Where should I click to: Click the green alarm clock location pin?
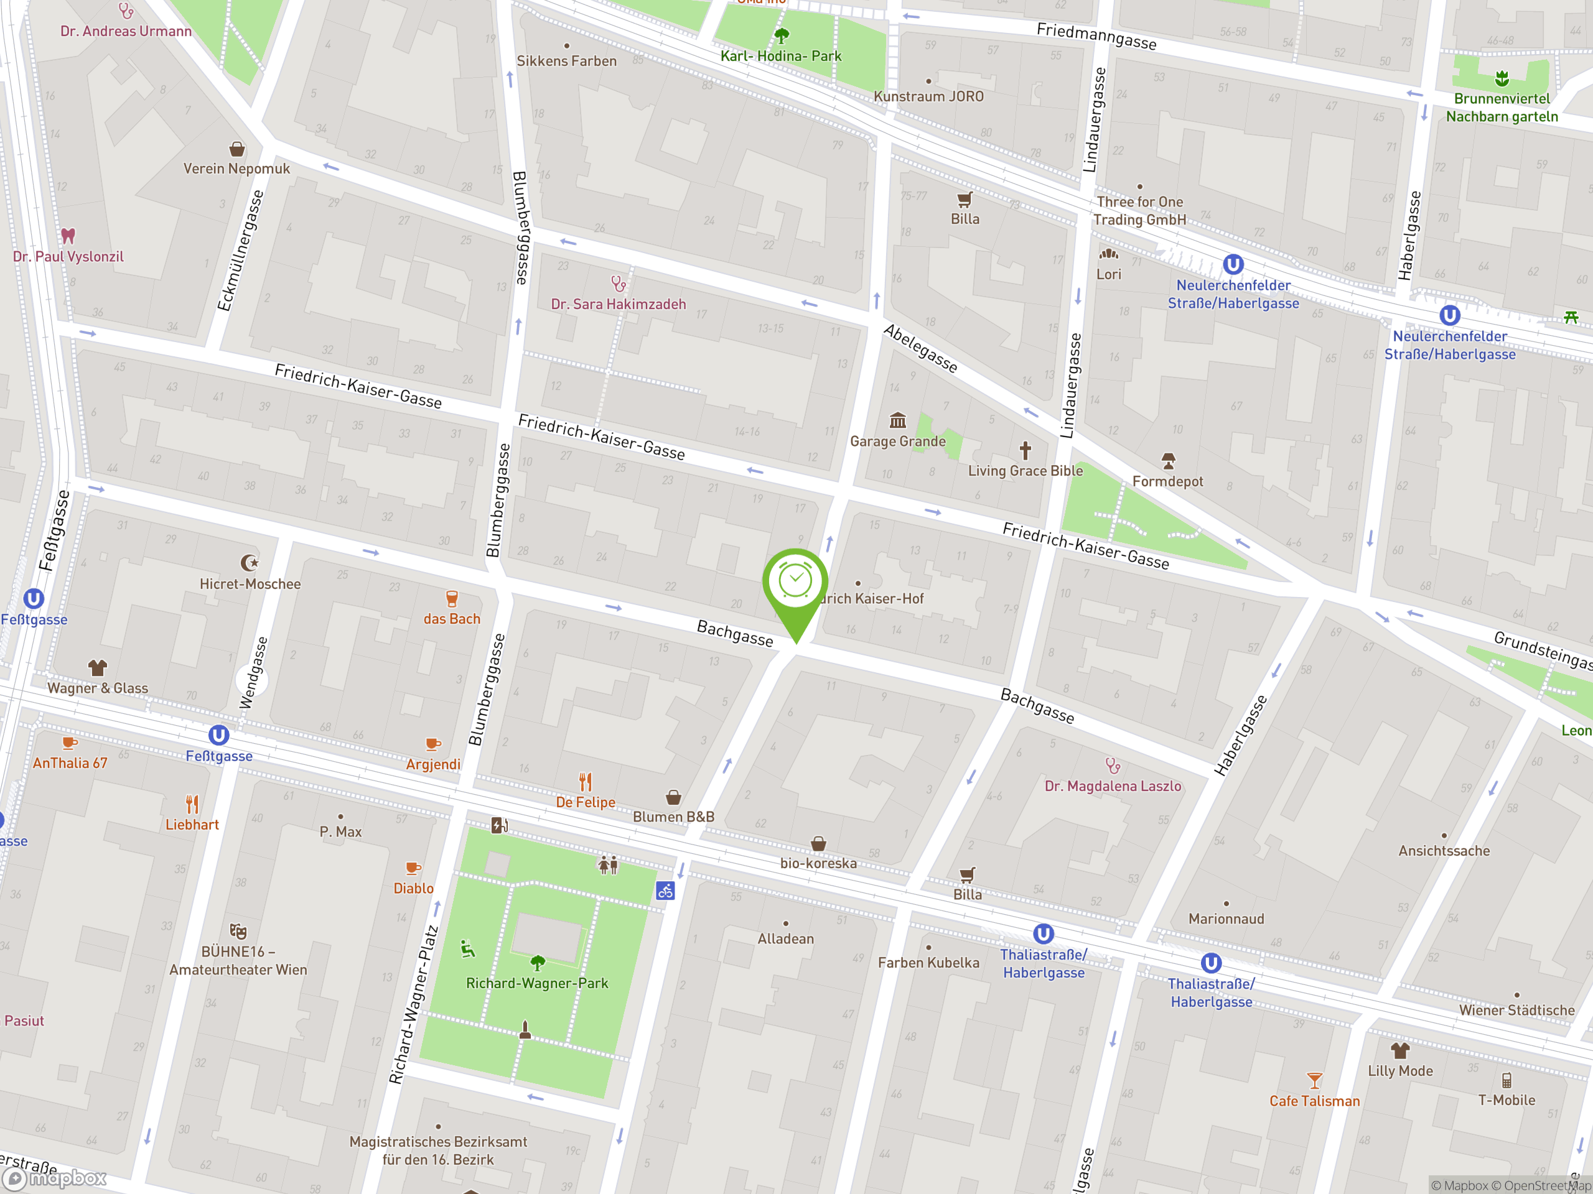795,582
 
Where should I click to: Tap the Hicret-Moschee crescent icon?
249,562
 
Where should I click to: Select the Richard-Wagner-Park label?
536,983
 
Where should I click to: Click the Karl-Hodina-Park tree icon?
782,35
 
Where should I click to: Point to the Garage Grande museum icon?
897,420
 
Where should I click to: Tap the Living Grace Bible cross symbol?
1025,450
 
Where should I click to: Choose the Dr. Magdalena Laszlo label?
1113,786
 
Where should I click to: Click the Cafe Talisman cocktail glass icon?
1314,1080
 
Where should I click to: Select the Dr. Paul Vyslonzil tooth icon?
68,235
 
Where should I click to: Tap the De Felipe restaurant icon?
586,782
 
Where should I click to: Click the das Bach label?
452,619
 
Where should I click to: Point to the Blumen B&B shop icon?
673,797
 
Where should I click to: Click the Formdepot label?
1167,481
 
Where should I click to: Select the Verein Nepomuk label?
236,169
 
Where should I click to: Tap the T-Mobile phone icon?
1506,1080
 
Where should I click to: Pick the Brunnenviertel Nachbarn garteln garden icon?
1502,78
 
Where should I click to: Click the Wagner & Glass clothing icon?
97,667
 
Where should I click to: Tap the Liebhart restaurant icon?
192,804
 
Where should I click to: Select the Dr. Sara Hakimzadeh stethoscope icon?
618,284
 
